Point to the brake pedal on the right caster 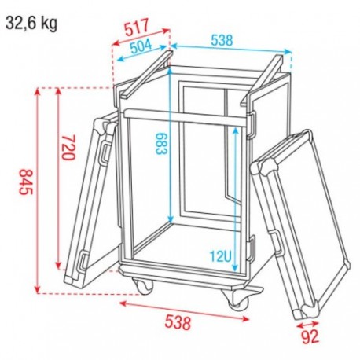pyautogui.click(x=252, y=294)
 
